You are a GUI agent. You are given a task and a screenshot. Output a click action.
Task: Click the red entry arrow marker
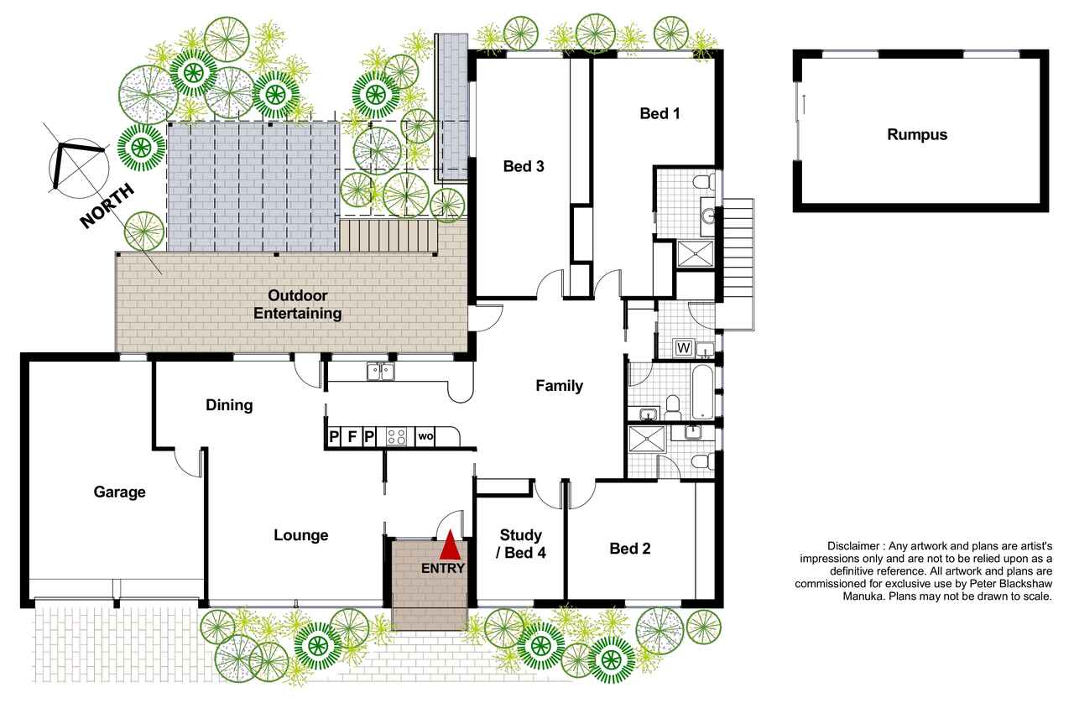pyautogui.click(x=450, y=544)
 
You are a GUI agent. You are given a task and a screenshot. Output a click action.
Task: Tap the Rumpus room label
pyautogui.click(x=917, y=134)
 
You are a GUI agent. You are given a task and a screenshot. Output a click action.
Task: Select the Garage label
pyautogui.click(x=119, y=492)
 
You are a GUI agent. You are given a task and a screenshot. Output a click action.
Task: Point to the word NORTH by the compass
pyautogui.click(x=107, y=206)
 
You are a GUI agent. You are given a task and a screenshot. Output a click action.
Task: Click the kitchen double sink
pyautogui.click(x=381, y=371)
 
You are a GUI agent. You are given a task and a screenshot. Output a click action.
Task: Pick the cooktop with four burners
pyautogui.click(x=397, y=437)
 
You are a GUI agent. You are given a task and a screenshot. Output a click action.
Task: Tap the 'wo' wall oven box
pyautogui.click(x=425, y=436)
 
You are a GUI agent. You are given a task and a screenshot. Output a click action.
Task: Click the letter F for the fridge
pyautogui.click(x=352, y=437)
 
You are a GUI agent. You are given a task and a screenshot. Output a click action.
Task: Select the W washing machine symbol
pyautogui.click(x=683, y=347)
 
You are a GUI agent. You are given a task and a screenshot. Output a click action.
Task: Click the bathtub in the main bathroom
pyautogui.click(x=702, y=392)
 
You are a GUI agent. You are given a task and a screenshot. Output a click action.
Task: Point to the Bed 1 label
pyautogui.click(x=660, y=113)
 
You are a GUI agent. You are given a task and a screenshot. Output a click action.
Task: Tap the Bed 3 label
pyautogui.click(x=524, y=166)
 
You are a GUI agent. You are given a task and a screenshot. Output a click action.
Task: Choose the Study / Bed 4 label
pyautogui.click(x=521, y=544)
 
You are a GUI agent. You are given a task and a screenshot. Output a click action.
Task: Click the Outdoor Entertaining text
pyautogui.click(x=297, y=305)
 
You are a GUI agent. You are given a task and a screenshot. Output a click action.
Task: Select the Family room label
pyautogui.click(x=559, y=386)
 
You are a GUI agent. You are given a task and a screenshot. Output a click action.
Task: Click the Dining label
pyautogui.click(x=229, y=405)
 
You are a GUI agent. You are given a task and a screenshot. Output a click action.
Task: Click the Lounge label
pyautogui.click(x=301, y=535)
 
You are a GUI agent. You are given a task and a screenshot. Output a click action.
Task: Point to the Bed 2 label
pyautogui.click(x=630, y=549)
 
